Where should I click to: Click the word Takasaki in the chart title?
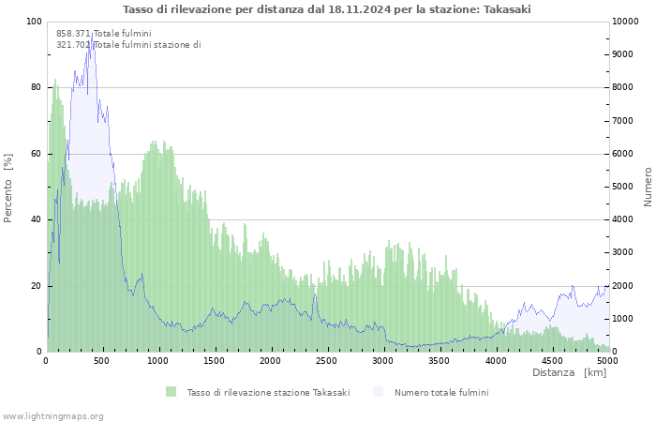coord(507,9)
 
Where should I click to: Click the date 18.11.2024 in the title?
coord(359,9)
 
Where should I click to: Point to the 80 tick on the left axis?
coord(36,87)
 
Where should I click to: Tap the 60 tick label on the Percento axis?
coord(36,154)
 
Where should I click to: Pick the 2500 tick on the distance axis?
coord(326,361)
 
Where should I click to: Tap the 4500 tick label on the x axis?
coord(552,361)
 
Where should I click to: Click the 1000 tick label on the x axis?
coord(157,361)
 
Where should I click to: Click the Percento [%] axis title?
coord(7,188)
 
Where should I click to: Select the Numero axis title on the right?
coord(648,187)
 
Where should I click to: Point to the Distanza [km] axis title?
coord(569,372)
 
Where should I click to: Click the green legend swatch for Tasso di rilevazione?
coord(171,392)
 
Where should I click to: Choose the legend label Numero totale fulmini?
coord(441,393)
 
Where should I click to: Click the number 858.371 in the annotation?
coord(73,34)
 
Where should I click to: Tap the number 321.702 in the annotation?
coord(73,45)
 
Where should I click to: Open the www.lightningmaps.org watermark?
coord(52,416)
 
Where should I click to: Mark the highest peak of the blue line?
coord(92,34)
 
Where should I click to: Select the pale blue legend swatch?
coord(378,392)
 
